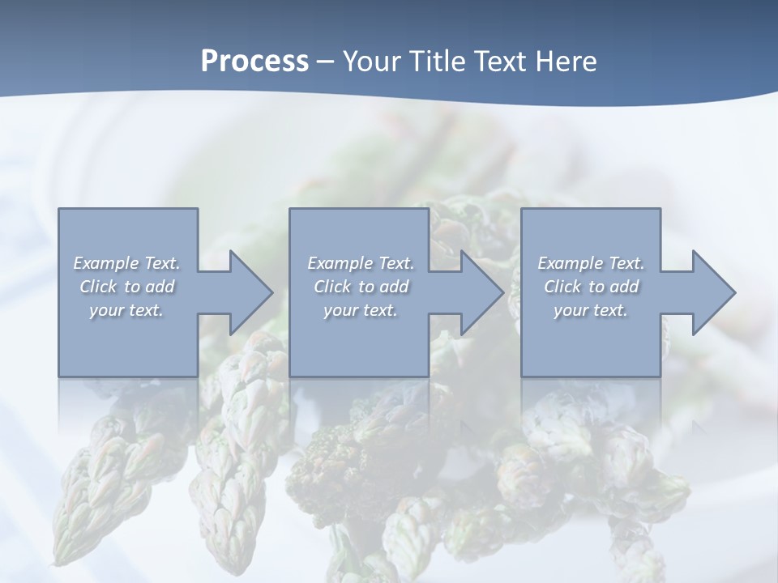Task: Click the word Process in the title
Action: [254, 62]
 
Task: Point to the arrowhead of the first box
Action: [251, 292]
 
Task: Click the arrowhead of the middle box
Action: [482, 292]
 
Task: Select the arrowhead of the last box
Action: [714, 292]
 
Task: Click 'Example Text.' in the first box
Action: [126, 263]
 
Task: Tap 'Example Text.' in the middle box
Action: [360, 263]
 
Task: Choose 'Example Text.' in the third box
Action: [591, 263]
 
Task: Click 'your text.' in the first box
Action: [126, 310]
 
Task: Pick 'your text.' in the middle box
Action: [360, 310]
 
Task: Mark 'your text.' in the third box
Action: [591, 310]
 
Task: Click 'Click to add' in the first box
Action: [126, 287]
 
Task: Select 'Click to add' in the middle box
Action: [360, 287]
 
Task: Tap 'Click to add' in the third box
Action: [591, 287]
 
